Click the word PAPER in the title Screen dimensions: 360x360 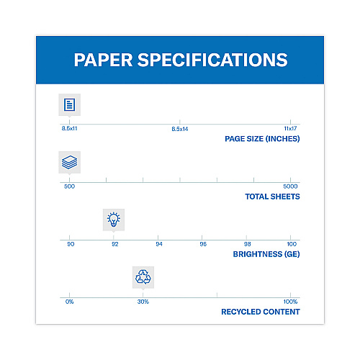pos(103,60)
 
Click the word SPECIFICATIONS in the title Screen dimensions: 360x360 pos(212,60)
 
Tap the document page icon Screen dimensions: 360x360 pos(70,104)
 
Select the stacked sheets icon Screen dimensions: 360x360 pos(70,162)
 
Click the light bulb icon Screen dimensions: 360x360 pos(114,220)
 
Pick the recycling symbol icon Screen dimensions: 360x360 pos(143,277)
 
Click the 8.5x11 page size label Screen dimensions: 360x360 pos(69,128)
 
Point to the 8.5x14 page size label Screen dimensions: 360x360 pos(180,129)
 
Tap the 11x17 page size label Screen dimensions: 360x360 pos(290,128)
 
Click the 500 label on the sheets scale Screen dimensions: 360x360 pos(69,186)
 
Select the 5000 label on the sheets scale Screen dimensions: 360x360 pos(290,186)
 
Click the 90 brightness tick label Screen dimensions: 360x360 pos(71,244)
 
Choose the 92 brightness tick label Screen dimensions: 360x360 pos(115,244)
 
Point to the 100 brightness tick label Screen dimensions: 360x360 pos(292,244)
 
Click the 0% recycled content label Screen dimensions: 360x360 pos(69,302)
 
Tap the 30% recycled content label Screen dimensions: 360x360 pos(143,302)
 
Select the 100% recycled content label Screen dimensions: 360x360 pos(290,302)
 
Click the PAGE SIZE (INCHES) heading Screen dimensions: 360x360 pos(262,139)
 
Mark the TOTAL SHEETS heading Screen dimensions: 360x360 pos(272,197)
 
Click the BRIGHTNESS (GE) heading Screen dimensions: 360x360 pos(266,254)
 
